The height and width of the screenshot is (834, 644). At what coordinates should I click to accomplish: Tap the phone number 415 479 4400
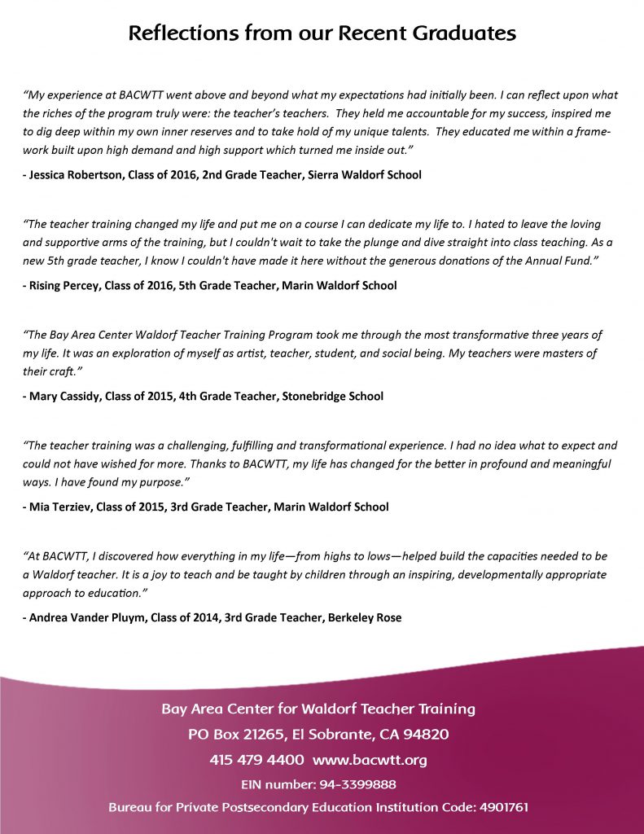click(x=256, y=760)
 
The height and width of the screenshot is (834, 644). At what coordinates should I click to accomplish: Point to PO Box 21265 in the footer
click(x=236, y=734)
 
